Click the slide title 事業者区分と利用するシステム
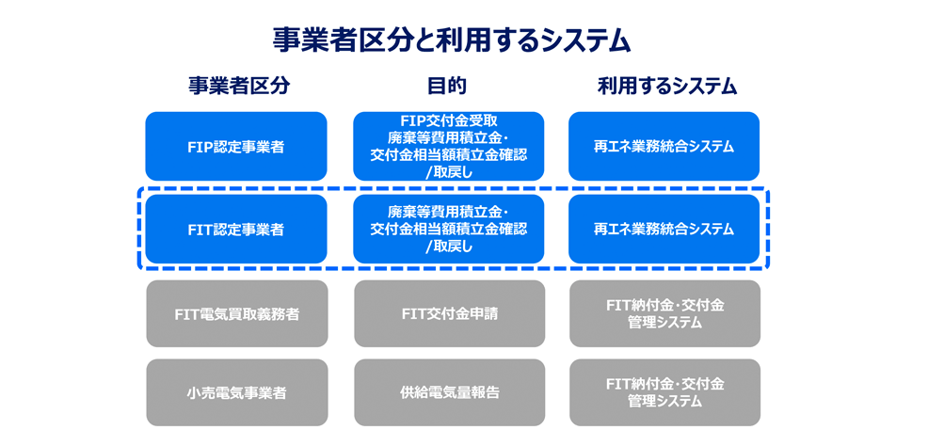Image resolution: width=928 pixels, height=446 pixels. coord(451,39)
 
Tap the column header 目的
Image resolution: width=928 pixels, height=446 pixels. coord(447,87)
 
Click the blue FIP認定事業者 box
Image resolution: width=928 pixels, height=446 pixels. coord(236,147)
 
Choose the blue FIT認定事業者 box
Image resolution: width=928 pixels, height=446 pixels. coord(236,229)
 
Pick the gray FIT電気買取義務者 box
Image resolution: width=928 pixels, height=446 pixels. coord(236,313)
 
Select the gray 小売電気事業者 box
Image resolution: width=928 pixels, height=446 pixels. coord(236,392)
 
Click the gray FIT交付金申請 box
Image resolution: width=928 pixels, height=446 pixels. coord(449,313)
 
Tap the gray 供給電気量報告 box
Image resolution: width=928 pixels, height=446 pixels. coord(449,392)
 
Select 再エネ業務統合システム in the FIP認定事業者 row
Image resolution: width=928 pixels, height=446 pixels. coord(664,147)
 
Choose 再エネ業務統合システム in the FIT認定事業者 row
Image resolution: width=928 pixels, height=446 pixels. coord(664,229)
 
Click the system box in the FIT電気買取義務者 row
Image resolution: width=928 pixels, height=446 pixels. coord(664,313)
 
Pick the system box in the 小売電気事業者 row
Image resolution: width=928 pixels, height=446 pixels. coord(664,392)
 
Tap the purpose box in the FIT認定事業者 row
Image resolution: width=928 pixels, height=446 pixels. coord(449,229)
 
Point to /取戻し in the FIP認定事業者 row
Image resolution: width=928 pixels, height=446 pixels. coord(449,170)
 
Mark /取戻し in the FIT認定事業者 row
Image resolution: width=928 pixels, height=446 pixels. coord(449,247)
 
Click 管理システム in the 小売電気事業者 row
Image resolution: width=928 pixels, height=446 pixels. coord(664,402)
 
